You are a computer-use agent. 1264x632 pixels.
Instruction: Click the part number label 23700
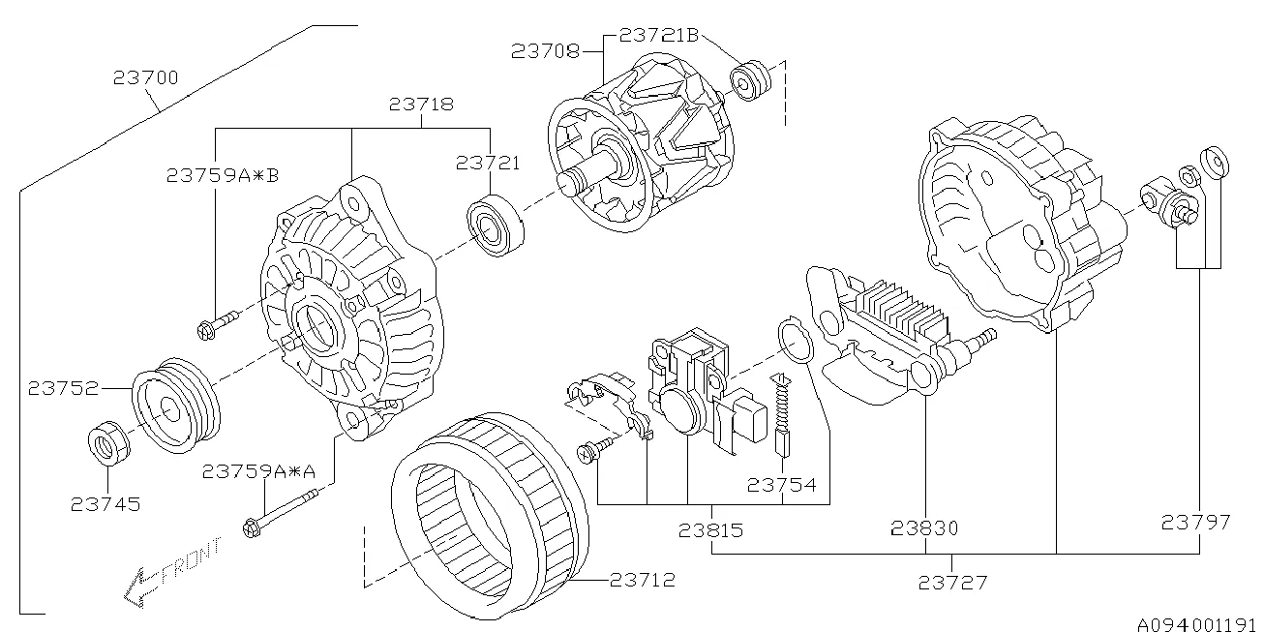145,78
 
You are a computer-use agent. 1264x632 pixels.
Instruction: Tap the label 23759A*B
223,175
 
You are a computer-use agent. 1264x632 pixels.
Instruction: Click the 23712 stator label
643,581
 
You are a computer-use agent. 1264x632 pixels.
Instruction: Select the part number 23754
781,485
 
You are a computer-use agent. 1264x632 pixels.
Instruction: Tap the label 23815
711,529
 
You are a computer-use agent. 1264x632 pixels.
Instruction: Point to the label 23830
925,528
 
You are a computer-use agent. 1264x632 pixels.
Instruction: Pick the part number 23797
1196,523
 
